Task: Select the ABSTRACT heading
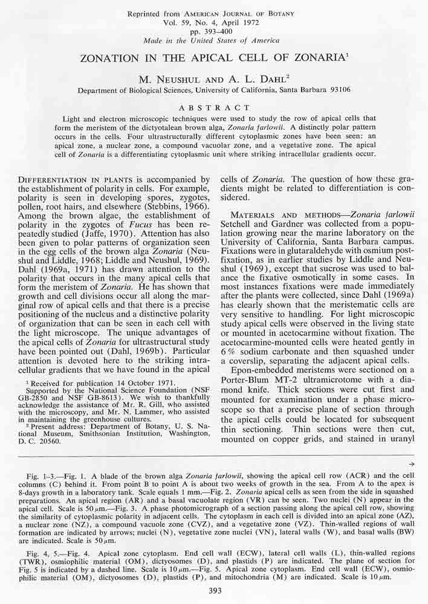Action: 213,105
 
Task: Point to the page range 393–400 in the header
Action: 214,31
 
